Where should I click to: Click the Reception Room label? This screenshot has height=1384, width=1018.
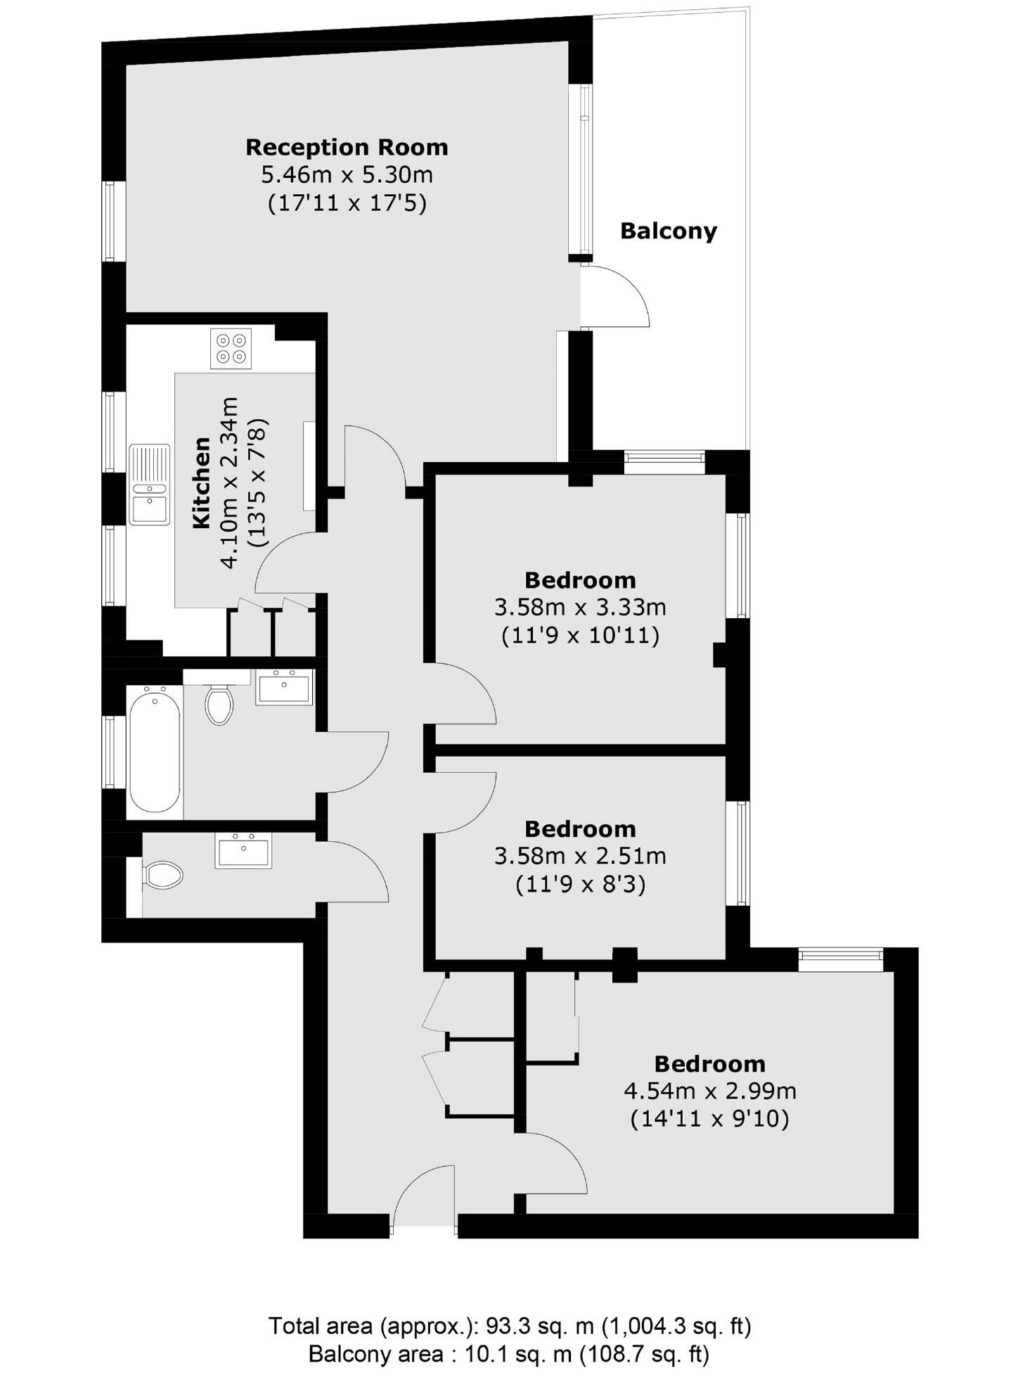(347, 148)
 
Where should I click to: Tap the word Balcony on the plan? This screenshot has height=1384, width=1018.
(668, 231)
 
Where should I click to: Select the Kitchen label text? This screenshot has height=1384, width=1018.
(202, 482)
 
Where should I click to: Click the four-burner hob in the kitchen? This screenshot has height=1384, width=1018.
(231, 348)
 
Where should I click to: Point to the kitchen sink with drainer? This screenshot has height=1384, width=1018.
(150, 485)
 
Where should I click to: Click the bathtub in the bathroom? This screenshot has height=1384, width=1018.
(155, 750)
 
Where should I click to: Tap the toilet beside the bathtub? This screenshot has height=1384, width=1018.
(219, 704)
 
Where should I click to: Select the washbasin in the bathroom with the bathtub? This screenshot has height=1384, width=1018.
(284, 686)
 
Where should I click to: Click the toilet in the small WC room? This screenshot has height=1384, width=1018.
(164, 875)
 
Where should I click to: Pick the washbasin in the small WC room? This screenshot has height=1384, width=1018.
(243, 851)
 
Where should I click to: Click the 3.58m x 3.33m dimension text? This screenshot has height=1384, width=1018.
(580, 606)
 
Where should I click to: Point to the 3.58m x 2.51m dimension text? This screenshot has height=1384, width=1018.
(580, 856)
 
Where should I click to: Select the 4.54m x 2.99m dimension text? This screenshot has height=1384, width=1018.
(710, 1091)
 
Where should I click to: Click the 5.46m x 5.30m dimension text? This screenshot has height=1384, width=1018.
(347, 174)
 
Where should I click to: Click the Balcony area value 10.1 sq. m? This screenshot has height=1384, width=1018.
(519, 1354)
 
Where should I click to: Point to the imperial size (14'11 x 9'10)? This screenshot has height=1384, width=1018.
(710, 1118)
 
